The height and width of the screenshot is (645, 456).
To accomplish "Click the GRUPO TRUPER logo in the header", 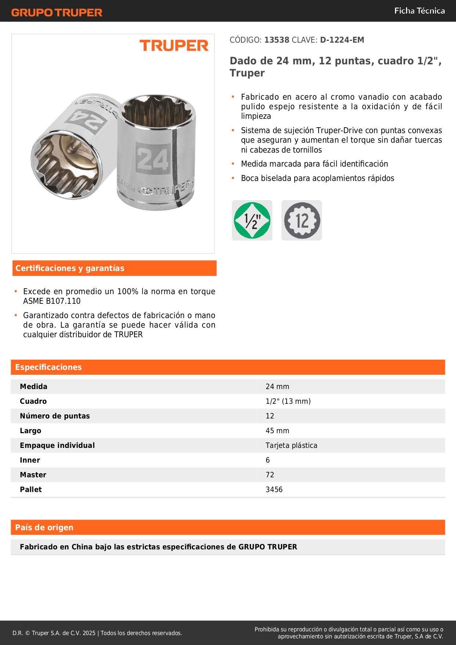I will coord(57,13).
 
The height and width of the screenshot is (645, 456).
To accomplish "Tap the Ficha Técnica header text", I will coord(419,11).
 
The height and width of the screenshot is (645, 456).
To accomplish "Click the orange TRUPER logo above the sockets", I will coord(174,46).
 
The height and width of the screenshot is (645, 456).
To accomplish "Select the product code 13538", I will coord(277,40).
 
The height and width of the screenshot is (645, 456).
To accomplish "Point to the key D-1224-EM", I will coord(342,40).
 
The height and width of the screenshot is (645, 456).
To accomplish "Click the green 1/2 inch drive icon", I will coord(252,220).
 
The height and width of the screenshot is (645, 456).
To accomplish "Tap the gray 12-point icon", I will coord(302,220).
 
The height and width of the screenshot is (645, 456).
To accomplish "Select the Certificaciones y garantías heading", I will coord(70,268).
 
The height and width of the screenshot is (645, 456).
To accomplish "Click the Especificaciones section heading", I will coord(49,367).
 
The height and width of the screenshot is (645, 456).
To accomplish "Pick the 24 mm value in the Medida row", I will coord(277,386).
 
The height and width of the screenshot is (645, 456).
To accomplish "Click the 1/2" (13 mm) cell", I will coord(288,401).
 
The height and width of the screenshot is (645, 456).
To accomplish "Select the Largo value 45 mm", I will coord(277,431).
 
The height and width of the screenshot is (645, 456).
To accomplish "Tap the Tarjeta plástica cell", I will coord(291,445).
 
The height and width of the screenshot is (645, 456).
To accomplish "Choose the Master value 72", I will coord(270,475).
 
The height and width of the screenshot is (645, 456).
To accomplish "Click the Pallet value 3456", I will coord(274,489).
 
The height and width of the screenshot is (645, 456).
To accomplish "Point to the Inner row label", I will coord(30,460).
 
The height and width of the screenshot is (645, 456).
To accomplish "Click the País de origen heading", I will coord(44,527).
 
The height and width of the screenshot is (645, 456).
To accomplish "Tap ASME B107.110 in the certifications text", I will coord(52,301).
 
